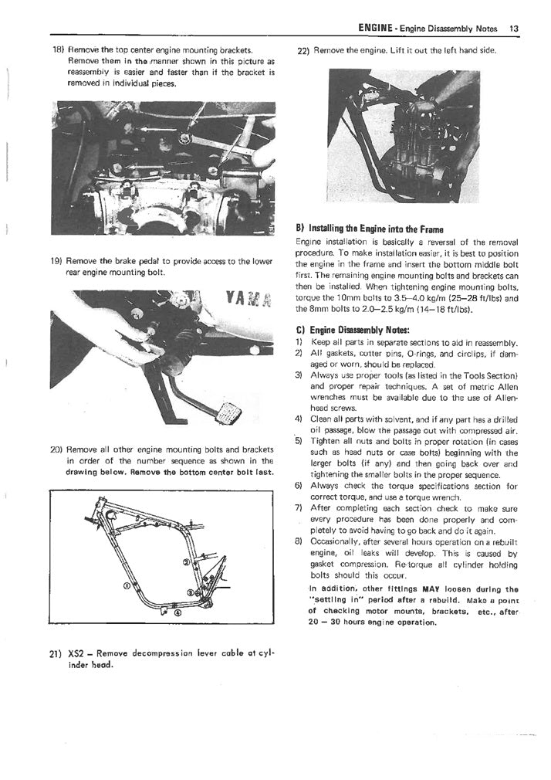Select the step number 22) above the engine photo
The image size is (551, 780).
303,51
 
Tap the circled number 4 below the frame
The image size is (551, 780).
177,613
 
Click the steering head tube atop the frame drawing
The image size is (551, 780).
98,507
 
